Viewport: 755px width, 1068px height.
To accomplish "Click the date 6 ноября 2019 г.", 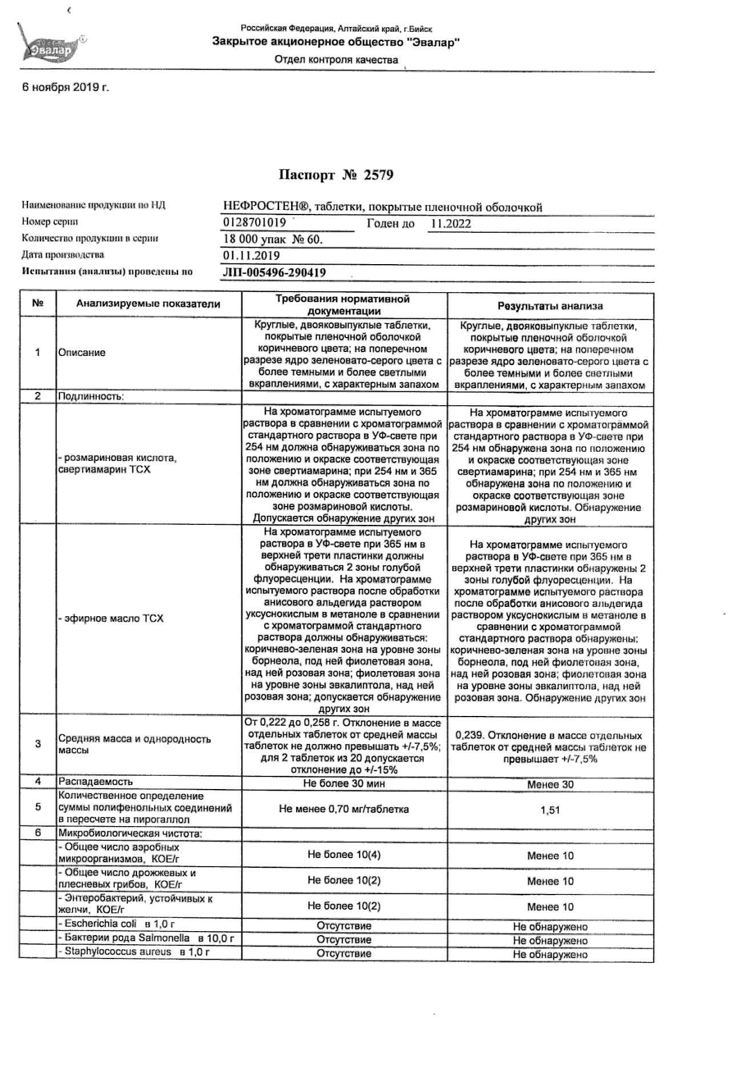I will (65, 87).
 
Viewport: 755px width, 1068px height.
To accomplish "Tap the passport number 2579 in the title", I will (378, 175).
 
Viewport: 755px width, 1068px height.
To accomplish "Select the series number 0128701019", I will (255, 222).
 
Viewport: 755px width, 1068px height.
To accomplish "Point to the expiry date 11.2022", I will (450, 224).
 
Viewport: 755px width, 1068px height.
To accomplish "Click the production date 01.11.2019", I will (251, 256).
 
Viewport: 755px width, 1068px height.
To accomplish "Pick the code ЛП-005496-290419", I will (274, 273).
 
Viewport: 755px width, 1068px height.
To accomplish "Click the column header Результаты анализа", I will (550, 306).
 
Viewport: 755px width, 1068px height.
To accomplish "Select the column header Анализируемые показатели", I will (148, 304).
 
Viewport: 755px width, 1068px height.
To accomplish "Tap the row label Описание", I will (82, 353).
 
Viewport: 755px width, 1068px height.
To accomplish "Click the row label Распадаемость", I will (95, 782).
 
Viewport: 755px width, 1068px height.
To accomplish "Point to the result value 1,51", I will (550, 810).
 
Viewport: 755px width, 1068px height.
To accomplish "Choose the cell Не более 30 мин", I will (344, 783).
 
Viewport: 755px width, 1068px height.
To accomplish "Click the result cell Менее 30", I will (550, 784).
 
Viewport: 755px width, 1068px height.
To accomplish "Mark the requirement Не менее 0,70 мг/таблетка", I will (344, 809).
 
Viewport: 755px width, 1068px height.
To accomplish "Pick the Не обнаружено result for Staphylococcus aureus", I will (550, 954).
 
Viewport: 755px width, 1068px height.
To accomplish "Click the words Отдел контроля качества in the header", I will (336, 60).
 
